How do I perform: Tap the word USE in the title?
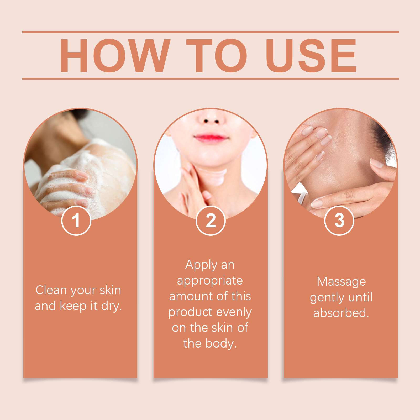click(311, 55)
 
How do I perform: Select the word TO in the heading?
click(217, 55)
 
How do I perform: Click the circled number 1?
click(76, 220)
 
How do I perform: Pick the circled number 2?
click(211, 220)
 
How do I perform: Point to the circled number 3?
click(339, 220)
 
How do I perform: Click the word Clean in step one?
click(51, 290)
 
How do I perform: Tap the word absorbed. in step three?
click(341, 313)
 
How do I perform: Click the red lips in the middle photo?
click(211, 137)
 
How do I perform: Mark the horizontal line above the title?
click(211, 32)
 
